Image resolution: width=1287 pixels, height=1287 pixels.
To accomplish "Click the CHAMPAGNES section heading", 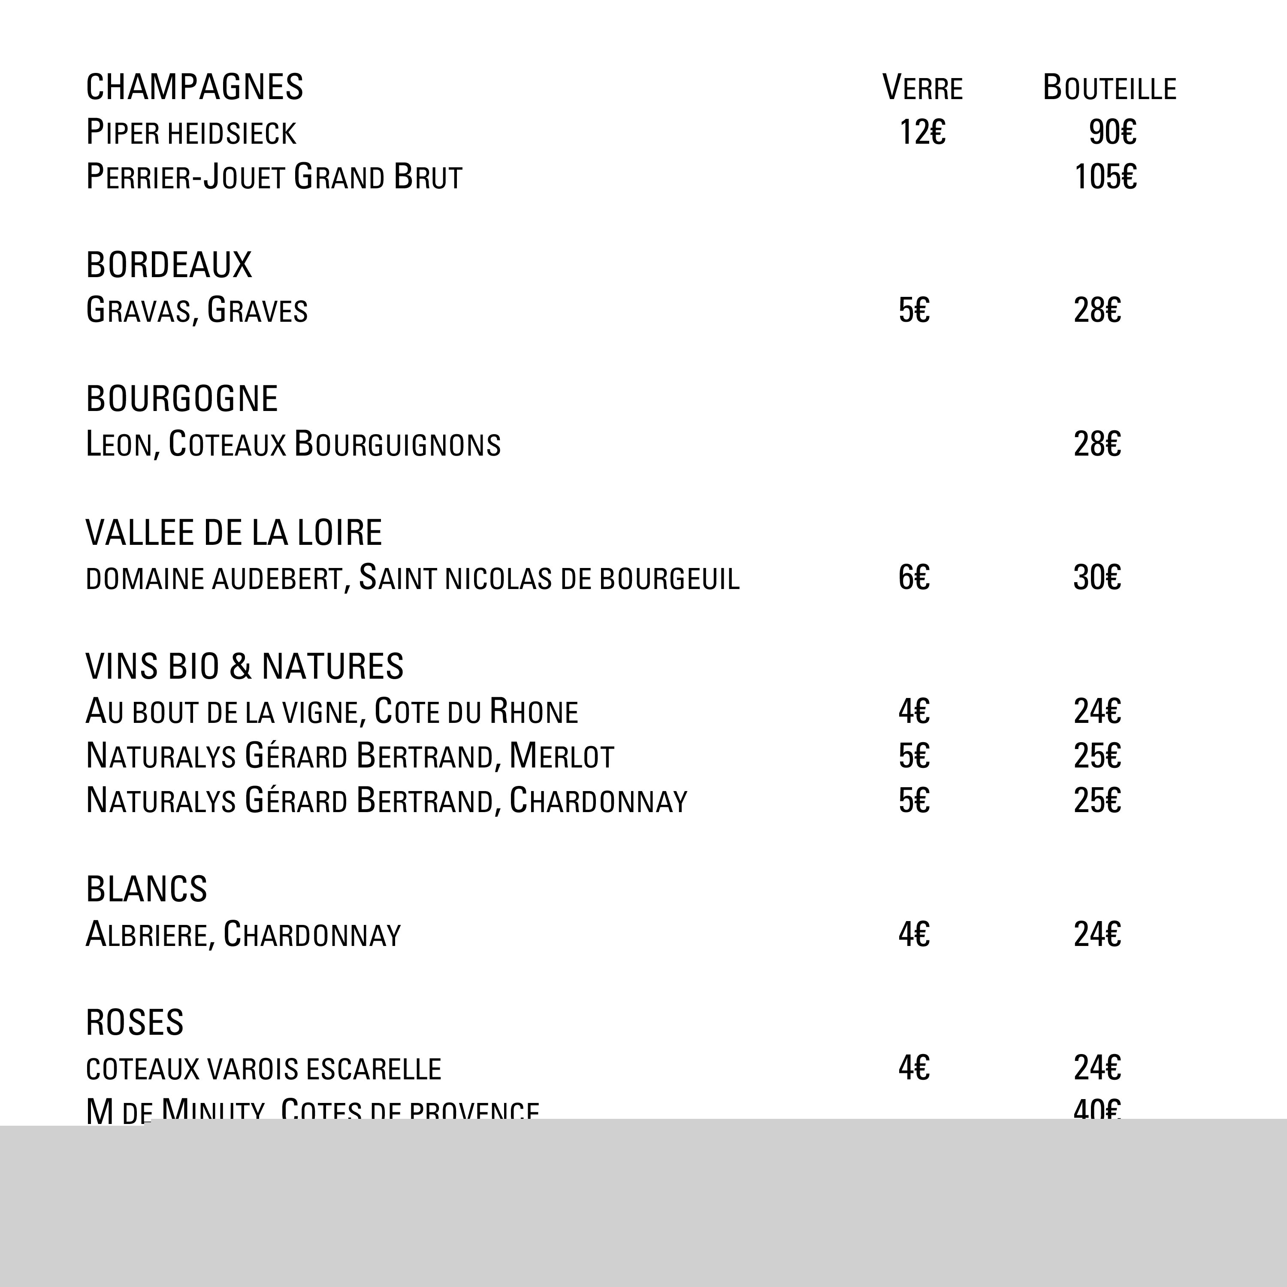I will click(x=194, y=87).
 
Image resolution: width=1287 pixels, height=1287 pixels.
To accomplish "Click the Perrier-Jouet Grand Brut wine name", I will click(x=274, y=177).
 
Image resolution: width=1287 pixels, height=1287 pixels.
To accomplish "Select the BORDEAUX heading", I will click(x=169, y=265).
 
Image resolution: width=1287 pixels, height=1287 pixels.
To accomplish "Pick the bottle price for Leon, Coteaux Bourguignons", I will click(x=1097, y=444).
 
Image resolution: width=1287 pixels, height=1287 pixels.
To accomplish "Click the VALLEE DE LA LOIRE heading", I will click(x=234, y=533).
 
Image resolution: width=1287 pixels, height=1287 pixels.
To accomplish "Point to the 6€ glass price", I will click(x=913, y=577).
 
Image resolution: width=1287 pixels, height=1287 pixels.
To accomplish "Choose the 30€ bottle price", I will click(x=1097, y=577).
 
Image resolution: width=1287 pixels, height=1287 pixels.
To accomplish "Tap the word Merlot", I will click(x=561, y=756).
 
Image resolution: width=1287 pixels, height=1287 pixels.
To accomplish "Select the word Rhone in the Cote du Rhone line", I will click(x=533, y=711).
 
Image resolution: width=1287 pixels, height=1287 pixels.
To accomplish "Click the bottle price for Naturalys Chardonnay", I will click(x=1097, y=801).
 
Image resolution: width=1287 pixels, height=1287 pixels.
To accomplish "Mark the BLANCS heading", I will click(x=147, y=889).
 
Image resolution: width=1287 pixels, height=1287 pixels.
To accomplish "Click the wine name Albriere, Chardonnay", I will click(x=243, y=935).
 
